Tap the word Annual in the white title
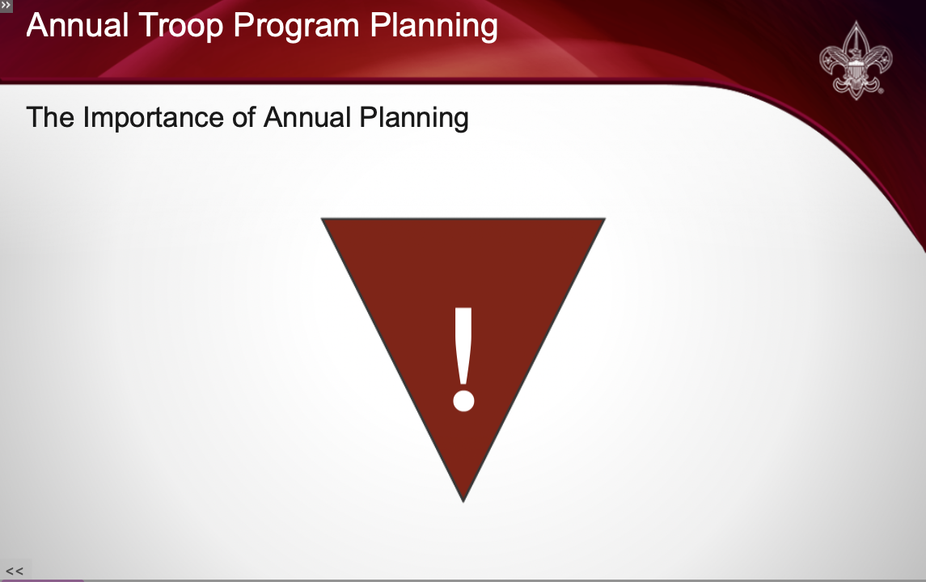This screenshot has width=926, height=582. (x=78, y=25)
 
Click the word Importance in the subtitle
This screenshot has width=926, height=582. (x=153, y=118)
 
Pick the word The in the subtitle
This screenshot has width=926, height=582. (x=50, y=117)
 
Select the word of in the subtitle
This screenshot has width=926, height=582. (x=243, y=117)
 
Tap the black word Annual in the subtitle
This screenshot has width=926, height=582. (x=307, y=117)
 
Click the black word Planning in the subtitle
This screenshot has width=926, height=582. (x=414, y=118)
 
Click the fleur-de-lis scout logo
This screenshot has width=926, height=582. (x=856, y=60)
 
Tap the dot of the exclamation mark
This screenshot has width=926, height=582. (x=463, y=399)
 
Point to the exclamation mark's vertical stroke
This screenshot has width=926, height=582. (x=463, y=345)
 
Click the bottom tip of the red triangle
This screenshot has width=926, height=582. (x=463, y=502)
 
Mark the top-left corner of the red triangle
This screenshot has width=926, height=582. (x=321, y=218)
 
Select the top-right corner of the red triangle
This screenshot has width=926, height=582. (x=605, y=218)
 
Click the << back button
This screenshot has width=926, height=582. (x=15, y=571)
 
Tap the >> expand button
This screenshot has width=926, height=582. (x=6, y=6)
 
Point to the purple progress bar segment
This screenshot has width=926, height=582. (x=42, y=581)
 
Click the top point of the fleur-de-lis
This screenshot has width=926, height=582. (x=856, y=22)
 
